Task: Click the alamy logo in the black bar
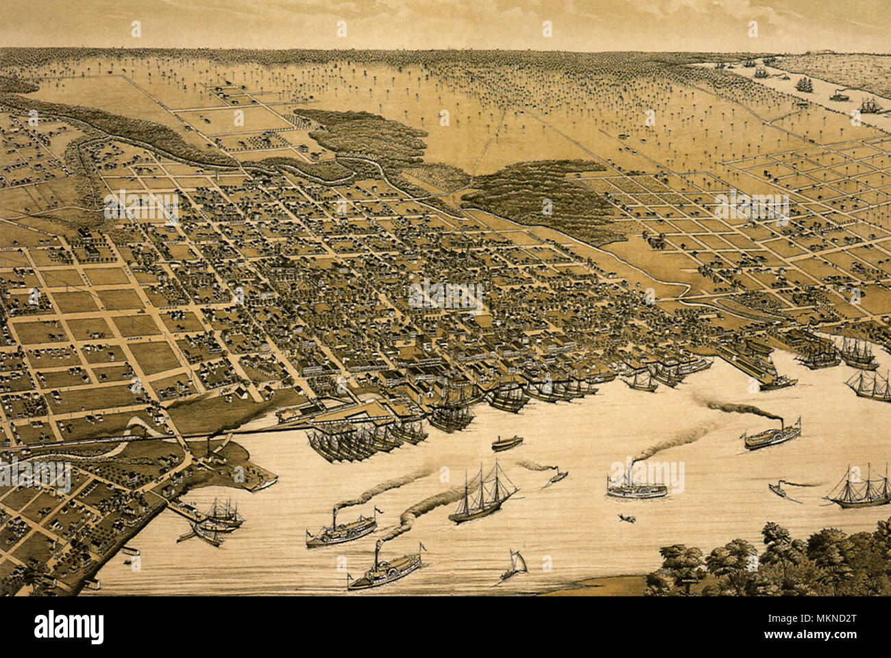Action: [x=69, y=626]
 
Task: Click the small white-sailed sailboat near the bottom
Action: [x=515, y=565]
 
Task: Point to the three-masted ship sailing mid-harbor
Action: [x=483, y=493]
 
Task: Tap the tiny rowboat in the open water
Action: [x=625, y=518]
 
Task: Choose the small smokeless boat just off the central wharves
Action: [x=506, y=443]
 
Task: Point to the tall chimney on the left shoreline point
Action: [x=207, y=449]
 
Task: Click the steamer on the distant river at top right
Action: [x=839, y=96]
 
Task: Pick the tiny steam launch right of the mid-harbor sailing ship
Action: [x=555, y=477]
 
